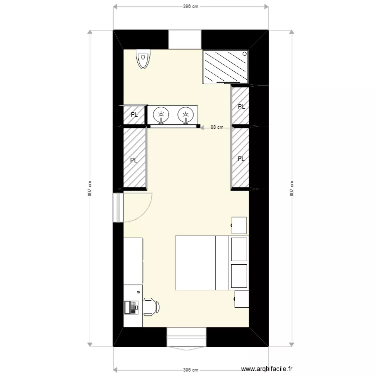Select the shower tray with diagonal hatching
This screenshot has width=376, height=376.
[x=226, y=67]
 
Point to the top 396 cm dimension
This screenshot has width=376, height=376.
[x=191, y=7]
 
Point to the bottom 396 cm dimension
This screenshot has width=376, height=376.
[x=191, y=370]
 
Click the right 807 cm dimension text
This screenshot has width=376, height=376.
[x=291, y=188]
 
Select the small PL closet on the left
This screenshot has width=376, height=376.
[x=134, y=115]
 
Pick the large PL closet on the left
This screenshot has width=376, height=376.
[x=134, y=160]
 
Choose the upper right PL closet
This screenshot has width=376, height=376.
[x=241, y=106]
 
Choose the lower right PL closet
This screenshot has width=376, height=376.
[x=241, y=158]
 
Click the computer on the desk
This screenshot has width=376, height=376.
[x=132, y=306]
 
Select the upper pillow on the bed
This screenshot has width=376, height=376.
[x=239, y=249]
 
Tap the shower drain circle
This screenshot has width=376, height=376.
[x=245, y=54]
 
